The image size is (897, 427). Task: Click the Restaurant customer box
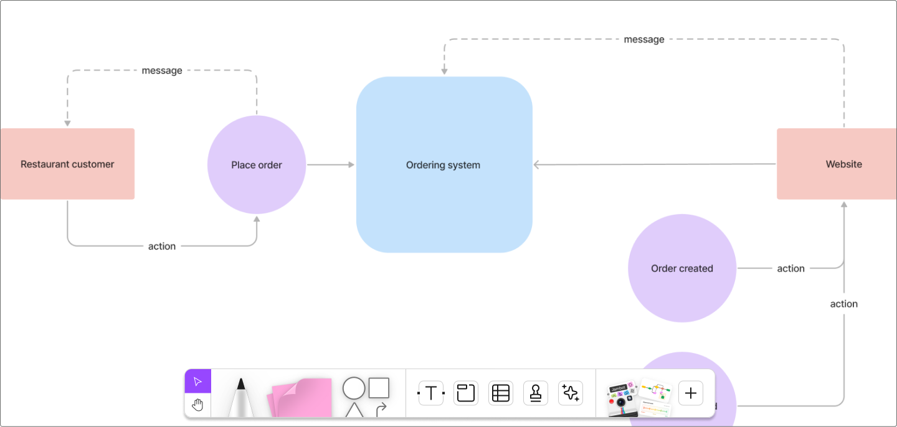pos(67,164)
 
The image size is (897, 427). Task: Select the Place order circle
pos(256,165)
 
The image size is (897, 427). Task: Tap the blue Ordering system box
pos(444,165)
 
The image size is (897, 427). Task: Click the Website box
pos(837,164)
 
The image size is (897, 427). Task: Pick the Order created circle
pos(681,268)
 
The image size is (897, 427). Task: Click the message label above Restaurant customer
pos(162,70)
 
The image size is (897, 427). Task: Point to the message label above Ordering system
pos(644,39)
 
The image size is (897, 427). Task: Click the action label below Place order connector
pos(162,246)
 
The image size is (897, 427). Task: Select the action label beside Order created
pos(790,268)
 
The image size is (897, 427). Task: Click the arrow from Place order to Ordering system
pos(330,165)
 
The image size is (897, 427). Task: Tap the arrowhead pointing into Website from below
pos(844,204)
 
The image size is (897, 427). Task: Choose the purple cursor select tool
pos(197,382)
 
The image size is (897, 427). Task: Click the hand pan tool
pos(197,405)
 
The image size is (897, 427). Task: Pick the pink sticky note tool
pos(300,397)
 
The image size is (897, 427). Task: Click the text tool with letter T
pos(430,393)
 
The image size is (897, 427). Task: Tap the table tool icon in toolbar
pos(500,393)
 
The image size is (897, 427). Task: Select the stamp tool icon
pos(535,393)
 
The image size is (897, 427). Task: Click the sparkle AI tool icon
pos(570,393)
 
